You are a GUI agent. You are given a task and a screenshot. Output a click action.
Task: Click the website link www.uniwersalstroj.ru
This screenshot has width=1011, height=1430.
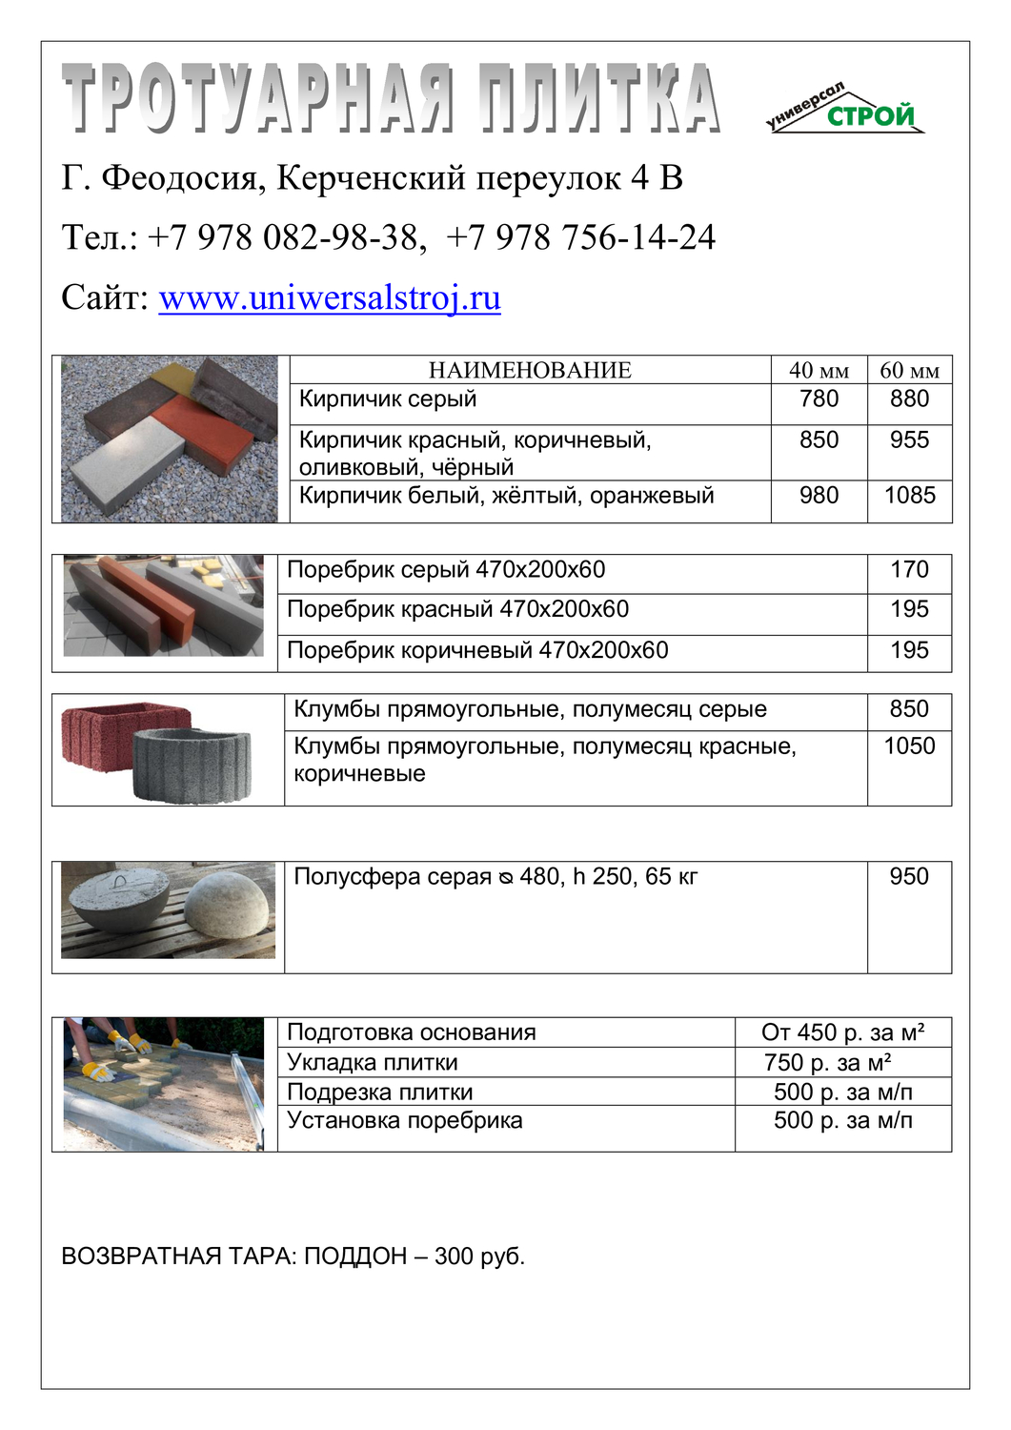click(329, 298)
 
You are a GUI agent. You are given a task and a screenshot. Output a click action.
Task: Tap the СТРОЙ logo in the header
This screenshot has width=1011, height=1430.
click(870, 116)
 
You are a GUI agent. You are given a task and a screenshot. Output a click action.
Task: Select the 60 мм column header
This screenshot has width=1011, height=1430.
click(909, 371)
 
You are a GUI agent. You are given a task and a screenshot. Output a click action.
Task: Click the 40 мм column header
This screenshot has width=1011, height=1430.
click(819, 371)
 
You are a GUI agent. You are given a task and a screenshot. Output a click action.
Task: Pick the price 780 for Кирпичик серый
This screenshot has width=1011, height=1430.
click(819, 399)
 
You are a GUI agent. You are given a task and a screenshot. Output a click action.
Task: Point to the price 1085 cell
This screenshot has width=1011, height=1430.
click(909, 496)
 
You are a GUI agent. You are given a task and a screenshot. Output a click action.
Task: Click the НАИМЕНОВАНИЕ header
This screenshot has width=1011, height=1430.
click(530, 371)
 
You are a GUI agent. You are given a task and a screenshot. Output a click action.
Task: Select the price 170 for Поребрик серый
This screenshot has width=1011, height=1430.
click(909, 570)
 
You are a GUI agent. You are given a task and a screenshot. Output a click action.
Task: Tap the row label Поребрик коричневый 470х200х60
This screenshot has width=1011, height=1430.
click(477, 651)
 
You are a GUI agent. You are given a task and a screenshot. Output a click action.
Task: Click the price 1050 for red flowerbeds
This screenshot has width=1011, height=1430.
click(909, 746)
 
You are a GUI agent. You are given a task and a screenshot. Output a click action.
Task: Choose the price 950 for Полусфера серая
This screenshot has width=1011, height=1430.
click(909, 877)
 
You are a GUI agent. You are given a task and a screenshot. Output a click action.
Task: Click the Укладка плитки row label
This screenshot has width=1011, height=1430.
click(373, 1063)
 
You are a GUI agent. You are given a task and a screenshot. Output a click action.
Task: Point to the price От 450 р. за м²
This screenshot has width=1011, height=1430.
click(842, 1032)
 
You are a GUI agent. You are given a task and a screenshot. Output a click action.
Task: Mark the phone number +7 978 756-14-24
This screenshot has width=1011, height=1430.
click(580, 237)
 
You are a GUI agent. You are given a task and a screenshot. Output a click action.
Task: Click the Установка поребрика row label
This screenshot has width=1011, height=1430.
click(405, 1120)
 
